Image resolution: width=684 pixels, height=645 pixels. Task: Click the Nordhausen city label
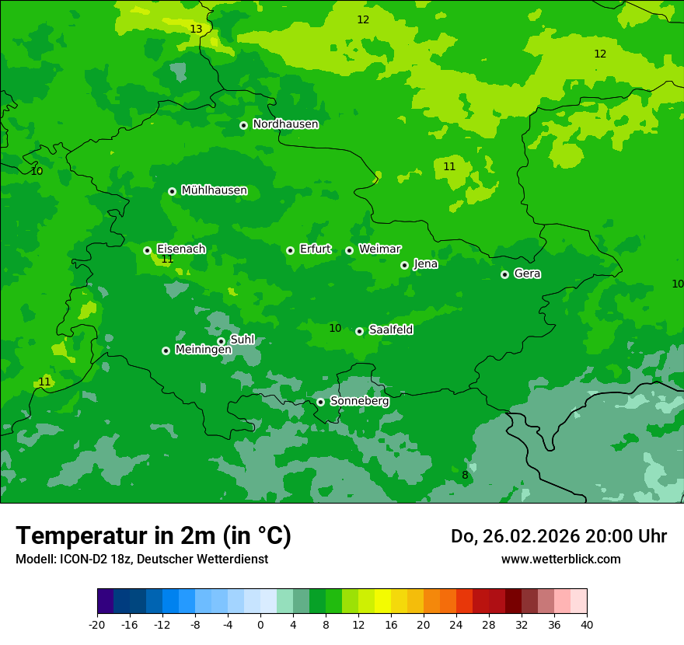click(285, 124)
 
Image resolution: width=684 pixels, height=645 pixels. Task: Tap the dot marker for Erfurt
click(290, 250)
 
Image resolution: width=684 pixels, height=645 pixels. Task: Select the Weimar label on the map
click(379, 249)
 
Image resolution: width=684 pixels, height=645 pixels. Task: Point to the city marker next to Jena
click(404, 265)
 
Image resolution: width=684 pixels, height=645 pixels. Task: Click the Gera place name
click(527, 274)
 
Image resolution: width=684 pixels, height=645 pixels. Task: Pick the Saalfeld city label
click(390, 330)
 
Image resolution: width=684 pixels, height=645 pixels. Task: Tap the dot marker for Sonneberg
click(320, 402)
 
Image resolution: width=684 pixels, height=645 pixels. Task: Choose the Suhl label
click(242, 340)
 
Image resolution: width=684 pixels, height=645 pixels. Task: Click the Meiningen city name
click(203, 350)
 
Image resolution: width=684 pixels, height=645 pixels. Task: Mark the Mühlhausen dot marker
click(172, 191)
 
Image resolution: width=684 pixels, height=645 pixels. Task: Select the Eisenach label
click(181, 249)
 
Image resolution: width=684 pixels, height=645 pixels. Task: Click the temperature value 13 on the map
click(196, 30)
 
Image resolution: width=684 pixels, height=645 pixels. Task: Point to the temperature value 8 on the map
click(465, 476)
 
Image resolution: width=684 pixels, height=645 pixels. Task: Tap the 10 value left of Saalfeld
click(335, 329)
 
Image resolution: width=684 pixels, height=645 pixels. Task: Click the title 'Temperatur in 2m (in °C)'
click(153, 535)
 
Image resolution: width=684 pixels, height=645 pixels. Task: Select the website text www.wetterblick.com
click(560, 559)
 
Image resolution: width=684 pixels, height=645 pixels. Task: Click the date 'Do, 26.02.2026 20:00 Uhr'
click(558, 536)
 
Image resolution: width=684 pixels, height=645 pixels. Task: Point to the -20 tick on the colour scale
click(96, 625)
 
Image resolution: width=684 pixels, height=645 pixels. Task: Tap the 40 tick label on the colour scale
click(587, 625)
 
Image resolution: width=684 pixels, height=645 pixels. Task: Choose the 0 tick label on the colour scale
click(260, 625)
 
